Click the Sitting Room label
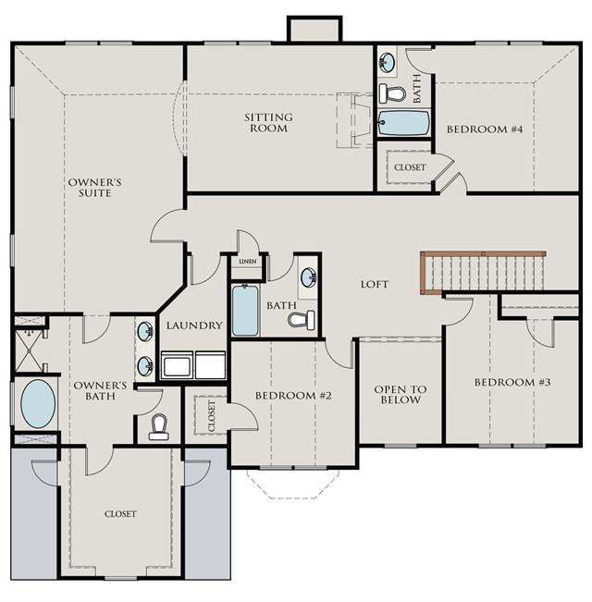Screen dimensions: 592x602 click(x=269, y=122)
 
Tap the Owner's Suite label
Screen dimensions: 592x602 click(x=95, y=188)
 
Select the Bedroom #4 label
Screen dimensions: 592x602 click(x=485, y=129)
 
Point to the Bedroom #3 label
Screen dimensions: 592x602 click(x=512, y=382)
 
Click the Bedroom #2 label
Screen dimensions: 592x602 click(x=293, y=396)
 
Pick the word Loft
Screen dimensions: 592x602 click(x=375, y=284)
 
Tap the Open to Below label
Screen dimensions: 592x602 click(x=401, y=395)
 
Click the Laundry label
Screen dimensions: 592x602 click(x=194, y=326)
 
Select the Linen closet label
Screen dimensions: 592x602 click(x=248, y=262)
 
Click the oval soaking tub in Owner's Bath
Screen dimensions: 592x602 click(x=38, y=403)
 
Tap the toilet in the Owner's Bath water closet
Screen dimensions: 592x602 click(x=159, y=427)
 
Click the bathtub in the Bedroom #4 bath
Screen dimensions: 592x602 click(x=402, y=123)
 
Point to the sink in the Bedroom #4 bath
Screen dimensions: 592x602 click(x=387, y=62)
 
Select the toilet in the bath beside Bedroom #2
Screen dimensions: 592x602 click(x=302, y=320)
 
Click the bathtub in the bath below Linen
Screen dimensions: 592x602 click(x=245, y=310)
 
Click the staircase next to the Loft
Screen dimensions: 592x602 click(x=483, y=273)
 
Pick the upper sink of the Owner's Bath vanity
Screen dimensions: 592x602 click(x=145, y=331)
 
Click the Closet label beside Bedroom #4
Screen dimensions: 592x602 click(x=410, y=167)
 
